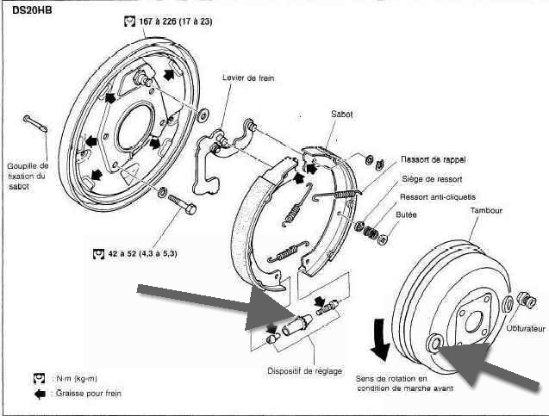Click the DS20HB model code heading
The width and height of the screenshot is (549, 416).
point(32,10)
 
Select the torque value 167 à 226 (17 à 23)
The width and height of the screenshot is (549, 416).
point(176,22)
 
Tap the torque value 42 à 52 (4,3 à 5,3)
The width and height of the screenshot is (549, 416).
point(142,253)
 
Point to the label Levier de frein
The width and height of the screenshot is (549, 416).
point(248,78)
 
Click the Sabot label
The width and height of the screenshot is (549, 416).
point(341,114)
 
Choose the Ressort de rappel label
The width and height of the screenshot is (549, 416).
point(434,159)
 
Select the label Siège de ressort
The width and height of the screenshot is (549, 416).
point(432,179)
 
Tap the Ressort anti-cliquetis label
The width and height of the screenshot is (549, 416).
point(438,197)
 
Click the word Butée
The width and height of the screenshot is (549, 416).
point(406,214)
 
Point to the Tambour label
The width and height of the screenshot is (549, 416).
point(486,210)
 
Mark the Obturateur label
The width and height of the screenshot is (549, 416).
point(526,328)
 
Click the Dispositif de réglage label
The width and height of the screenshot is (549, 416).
point(304,371)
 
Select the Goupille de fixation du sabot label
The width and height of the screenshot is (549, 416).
point(28,176)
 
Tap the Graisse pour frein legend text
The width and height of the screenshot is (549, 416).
point(89,394)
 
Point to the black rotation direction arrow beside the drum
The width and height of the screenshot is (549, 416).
point(380,339)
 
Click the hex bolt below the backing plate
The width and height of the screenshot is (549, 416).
point(182,204)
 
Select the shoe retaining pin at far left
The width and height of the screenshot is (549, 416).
point(35,123)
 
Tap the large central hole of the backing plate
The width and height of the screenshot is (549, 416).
point(134,128)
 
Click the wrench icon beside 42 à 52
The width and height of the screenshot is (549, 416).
point(99,253)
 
